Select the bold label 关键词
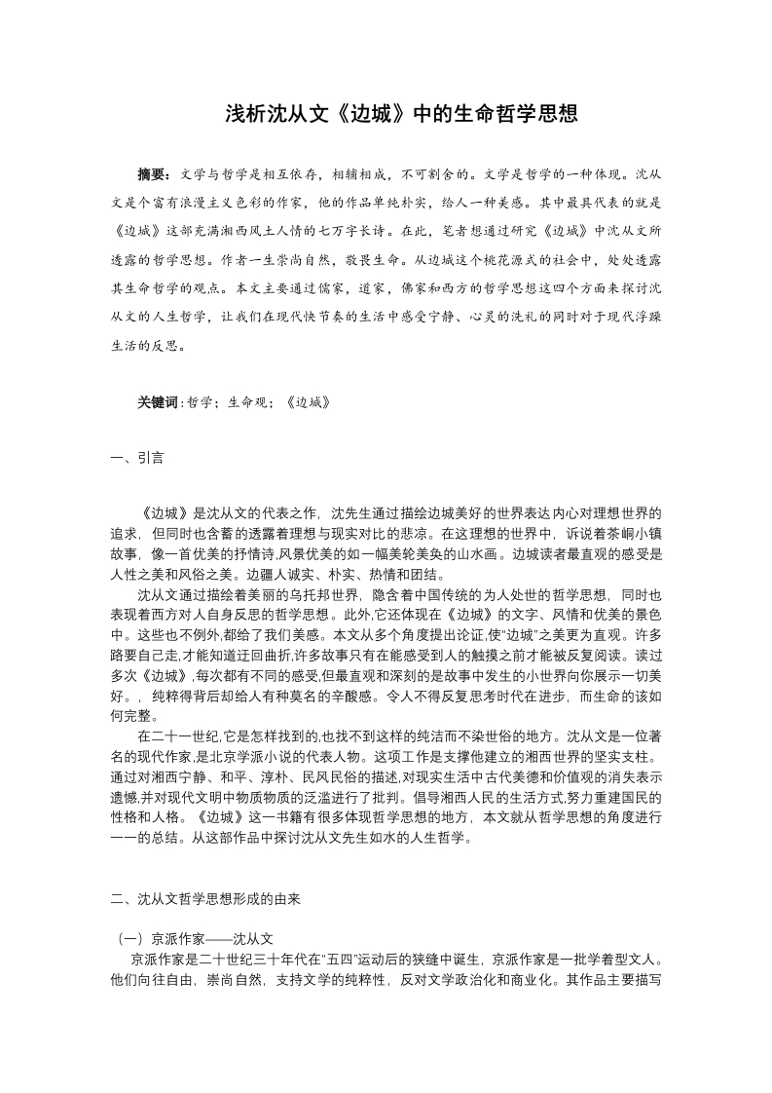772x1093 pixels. click(x=158, y=400)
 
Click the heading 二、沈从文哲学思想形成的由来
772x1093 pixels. click(x=208, y=901)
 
